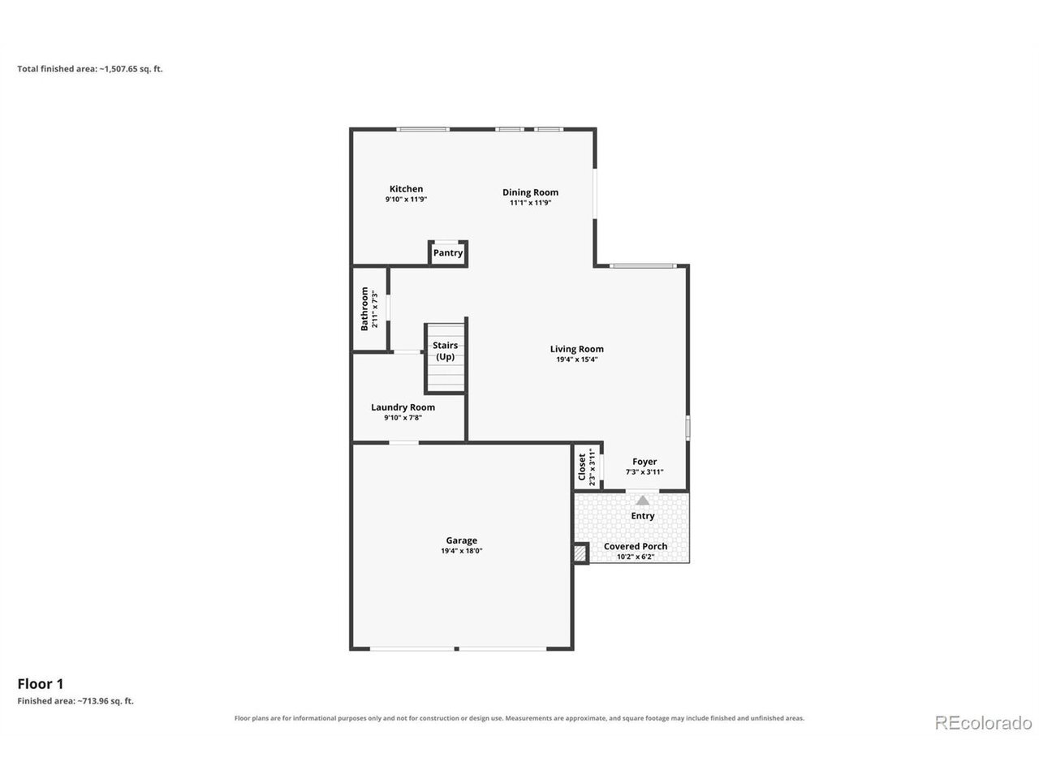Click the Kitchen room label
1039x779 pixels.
tap(406, 189)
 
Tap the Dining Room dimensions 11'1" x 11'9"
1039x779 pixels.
tap(530, 202)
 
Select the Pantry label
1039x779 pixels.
tap(448, 252)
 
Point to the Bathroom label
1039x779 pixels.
tap(364, 308)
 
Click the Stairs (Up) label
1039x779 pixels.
tap(445, 351)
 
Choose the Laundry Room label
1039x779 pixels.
tap(403, 407)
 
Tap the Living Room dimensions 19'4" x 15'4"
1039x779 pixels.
tap(576, 359)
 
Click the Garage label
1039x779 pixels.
tap(462, 540)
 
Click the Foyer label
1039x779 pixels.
tap(645, 461)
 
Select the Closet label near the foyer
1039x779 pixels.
tap(582, 467)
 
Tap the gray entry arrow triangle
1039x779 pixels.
tap(642, 500)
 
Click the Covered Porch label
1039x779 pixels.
tap(636, 546)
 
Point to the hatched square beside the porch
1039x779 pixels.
tap(580, 553)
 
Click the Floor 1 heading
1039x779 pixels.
tap(41, 683)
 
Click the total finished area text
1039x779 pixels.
tap(90, 69)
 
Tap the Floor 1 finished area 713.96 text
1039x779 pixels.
tap(75, 700)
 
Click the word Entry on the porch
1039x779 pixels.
tap(642, 515)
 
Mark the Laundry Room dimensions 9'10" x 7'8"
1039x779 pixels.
tap(403, 417)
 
